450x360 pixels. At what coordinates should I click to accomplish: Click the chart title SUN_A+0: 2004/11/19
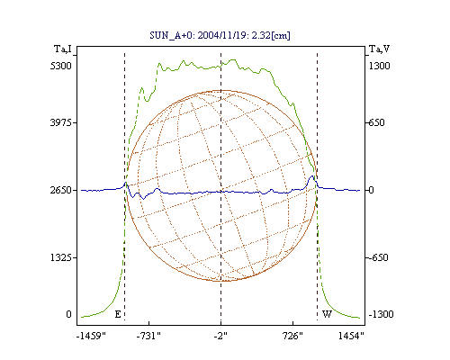(220, 35)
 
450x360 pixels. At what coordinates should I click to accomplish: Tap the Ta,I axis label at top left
(63, 49)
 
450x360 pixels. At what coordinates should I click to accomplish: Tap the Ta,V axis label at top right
(380, 49)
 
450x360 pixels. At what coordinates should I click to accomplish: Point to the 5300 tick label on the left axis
(61, 66)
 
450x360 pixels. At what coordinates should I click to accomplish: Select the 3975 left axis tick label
(61, 122)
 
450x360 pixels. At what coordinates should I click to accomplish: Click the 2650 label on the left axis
(61, 190)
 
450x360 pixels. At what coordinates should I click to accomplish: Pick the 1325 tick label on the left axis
(61, 257)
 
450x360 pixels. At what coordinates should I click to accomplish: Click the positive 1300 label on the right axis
(380, 66)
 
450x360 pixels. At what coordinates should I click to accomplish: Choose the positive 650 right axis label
(376, 122)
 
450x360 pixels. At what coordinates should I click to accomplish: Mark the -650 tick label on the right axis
(378, 257)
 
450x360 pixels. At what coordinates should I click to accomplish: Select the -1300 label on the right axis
(381, 314)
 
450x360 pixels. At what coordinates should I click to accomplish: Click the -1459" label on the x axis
(91, 336)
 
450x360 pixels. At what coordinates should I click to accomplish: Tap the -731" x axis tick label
(148, 336)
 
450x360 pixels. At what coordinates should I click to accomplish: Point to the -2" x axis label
(220, 336)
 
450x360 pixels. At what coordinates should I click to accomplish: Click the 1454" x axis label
(351, 336)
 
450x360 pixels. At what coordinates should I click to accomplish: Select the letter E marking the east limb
(118, 314)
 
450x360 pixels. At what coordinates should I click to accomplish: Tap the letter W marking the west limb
(327, 314)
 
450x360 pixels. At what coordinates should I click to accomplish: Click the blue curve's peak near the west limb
(312, 176)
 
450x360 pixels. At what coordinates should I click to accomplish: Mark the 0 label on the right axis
(371, 190)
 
